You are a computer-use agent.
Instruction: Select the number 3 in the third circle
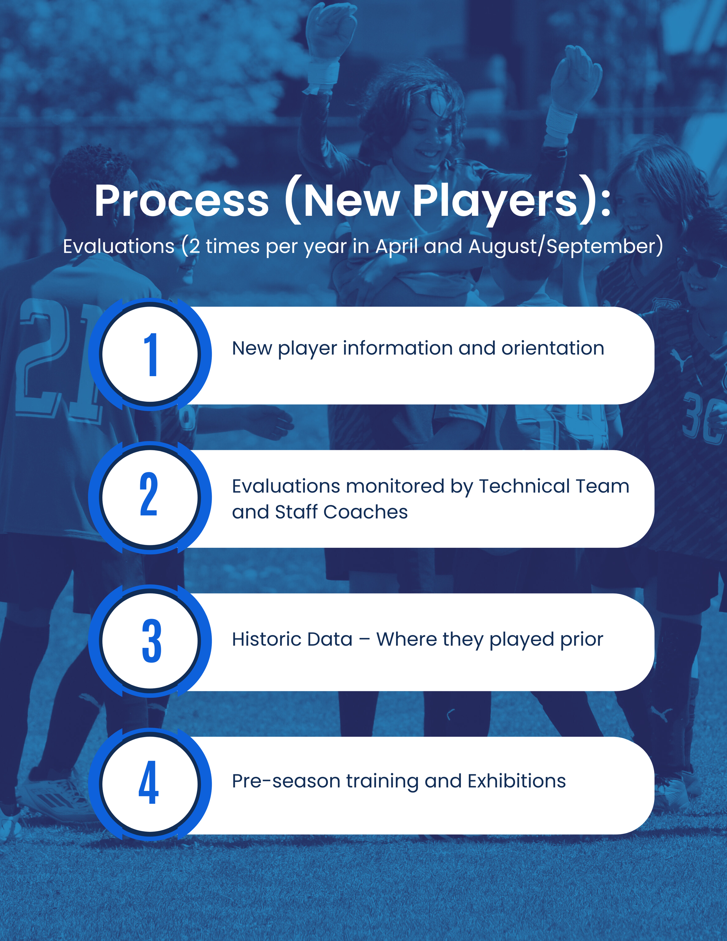(x=152, y=641)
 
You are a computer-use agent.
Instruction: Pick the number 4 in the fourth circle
(x=149, y=782)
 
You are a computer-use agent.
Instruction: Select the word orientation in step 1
(x=553, y=348)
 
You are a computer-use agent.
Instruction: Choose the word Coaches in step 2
(x=365, y=512)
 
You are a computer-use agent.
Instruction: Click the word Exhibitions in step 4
(x=516, y=781)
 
